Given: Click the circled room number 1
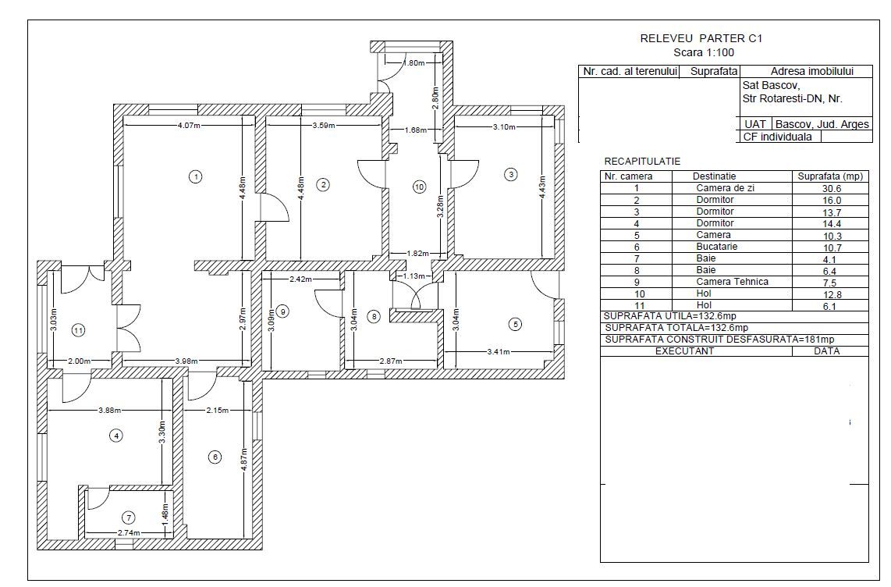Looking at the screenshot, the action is [196, 176].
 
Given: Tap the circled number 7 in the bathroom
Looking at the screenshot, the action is [130, 518].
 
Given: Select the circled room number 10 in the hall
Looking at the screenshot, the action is [419, 187].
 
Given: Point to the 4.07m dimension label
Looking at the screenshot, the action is [190, 125].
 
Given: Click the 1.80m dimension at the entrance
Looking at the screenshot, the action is [414, 62].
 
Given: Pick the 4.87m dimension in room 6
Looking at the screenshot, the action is [244, 456].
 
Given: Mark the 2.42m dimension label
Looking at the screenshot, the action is [300, 279].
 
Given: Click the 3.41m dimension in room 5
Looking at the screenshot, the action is [499, 352].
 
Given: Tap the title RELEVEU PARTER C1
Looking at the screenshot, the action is [701, 39].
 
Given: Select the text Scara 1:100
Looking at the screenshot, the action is [704, 53].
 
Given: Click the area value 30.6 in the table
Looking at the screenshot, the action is [832, 189].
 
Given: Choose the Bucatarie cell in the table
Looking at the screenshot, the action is [716, 247].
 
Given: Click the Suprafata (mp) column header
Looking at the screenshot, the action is [830, 176].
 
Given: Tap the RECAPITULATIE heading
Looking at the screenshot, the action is [642, 162].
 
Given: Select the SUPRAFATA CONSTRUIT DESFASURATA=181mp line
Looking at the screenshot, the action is [719, 340].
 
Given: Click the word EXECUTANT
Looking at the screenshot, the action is [684, 351].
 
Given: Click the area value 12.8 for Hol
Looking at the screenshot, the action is [832, 294].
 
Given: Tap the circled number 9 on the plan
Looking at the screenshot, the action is [282, 311].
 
